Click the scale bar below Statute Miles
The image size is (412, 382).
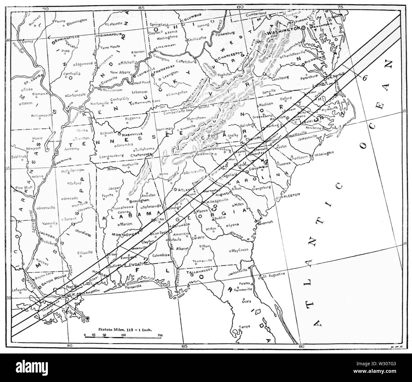[124, 335]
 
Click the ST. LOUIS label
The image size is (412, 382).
[31, 81]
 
